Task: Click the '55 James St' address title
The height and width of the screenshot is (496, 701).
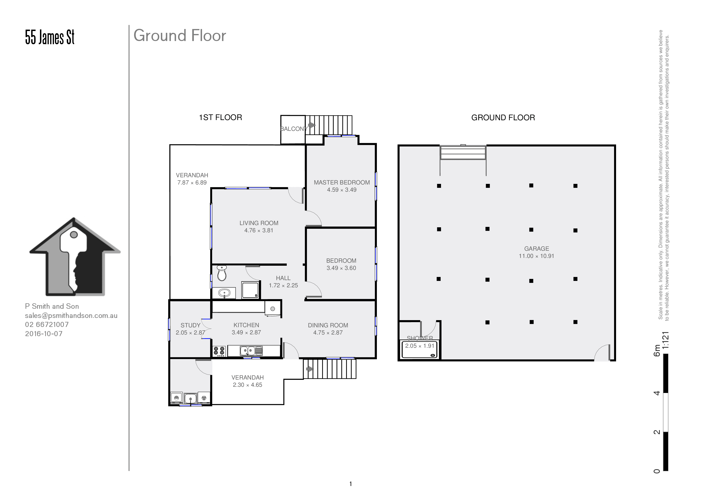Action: (50, 37)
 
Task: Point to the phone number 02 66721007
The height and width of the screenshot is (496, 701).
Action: (47, 324)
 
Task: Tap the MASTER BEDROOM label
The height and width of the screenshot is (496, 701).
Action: (342, 182)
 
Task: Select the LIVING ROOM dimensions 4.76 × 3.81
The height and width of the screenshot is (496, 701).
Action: (259, 230)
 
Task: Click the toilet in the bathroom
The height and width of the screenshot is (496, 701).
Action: (222, 273)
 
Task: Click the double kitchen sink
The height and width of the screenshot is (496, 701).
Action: (251, 351)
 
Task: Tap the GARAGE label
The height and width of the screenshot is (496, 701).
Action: (536, 249)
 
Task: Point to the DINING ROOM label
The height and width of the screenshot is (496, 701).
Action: (328, 326)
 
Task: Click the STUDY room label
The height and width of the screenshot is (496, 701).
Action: (190, 326)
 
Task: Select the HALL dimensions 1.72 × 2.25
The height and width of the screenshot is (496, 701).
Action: (283, 286)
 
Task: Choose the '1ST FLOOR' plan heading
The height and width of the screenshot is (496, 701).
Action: (220, 117)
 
